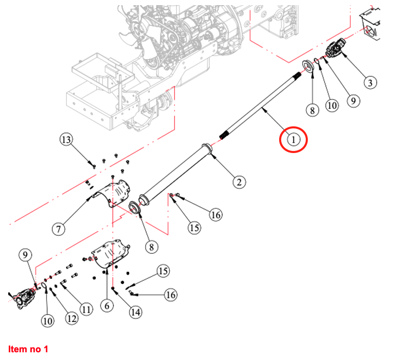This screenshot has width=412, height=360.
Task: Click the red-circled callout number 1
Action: click(x=292, y=139)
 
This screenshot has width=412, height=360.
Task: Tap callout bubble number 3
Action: click(x=369, y=82)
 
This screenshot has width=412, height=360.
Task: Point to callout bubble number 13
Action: click(x=67, y=139)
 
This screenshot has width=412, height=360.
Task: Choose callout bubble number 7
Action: click(x=59, y=229)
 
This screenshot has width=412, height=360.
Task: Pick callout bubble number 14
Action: click(x=135, y=312)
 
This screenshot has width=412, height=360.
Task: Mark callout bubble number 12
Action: click(x=71, y=318)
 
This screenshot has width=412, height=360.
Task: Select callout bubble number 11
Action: click(x=86, y=309)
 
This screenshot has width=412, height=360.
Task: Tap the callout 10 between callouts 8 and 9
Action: click(x=332, y=105)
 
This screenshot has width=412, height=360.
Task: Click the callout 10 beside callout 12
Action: click(x=47, y=321)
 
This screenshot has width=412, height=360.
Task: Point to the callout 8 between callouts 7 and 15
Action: click(x=151, y=247)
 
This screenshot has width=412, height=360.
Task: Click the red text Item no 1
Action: click(x=28, y=349)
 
